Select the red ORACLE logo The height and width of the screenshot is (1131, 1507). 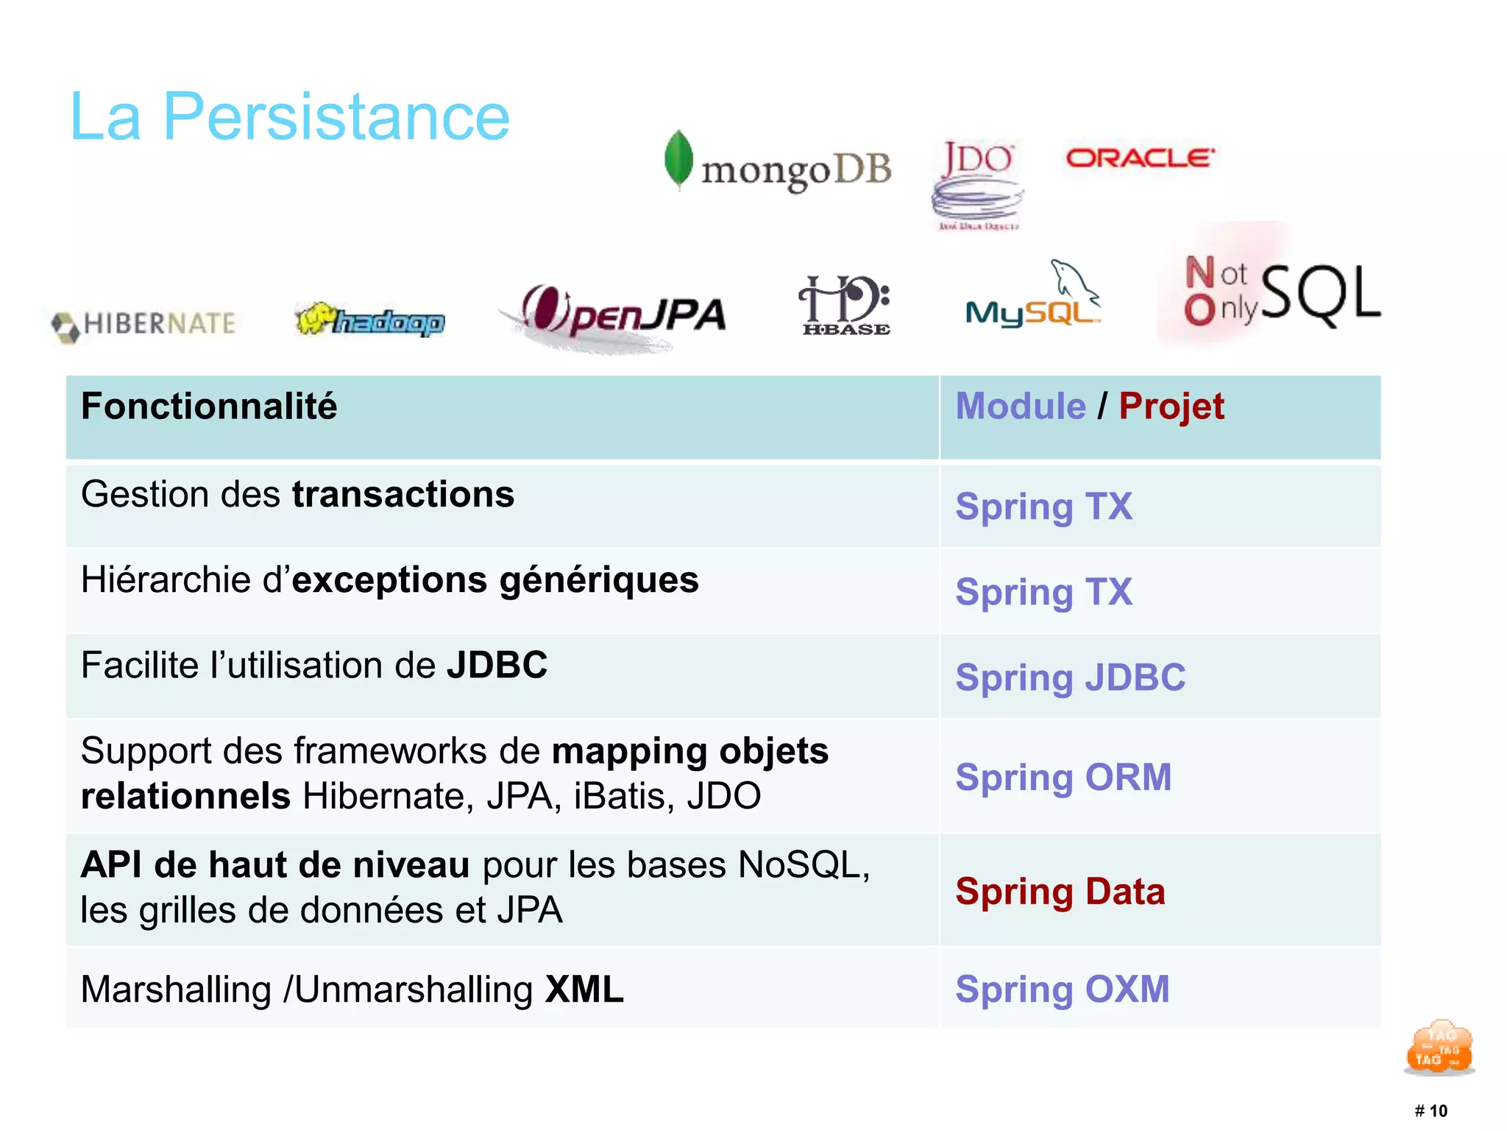[x=1140, y=158]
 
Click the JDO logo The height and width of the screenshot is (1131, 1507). [x=977, y=183]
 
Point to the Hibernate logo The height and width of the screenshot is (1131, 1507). [x=144, y=324]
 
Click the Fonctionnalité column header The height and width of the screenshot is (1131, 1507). [x=209, y=406]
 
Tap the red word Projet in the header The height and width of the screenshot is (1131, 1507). [x=1171, y=406]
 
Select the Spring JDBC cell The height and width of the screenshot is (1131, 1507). [x=1070, y=677]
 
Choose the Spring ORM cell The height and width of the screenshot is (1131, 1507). [x=1063, y=778]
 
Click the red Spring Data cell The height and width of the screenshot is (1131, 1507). [x=1060, y=892]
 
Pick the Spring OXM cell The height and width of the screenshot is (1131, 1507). [x=1062, y=989]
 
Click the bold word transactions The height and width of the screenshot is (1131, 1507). [x=403, y=494]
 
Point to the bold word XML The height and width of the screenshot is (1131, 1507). [x=584, y=989]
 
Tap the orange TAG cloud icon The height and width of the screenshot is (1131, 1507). [x=1439, y=1047]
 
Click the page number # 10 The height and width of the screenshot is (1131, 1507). [x=1430, y=1110]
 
